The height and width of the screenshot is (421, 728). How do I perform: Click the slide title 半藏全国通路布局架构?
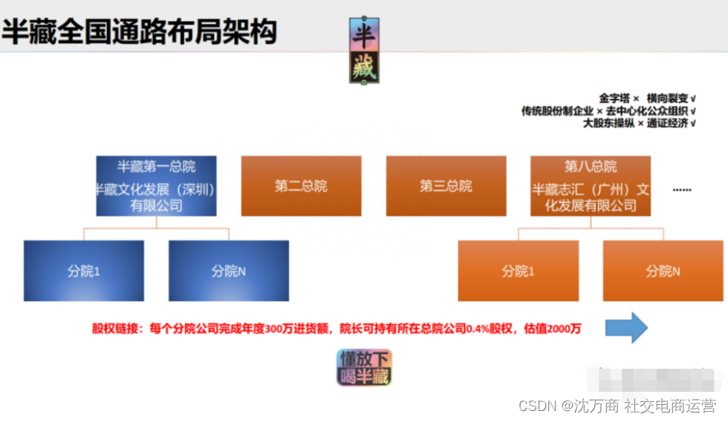click(x=139, y=31)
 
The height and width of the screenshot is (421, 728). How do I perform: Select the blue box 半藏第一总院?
click(x=156, y=186)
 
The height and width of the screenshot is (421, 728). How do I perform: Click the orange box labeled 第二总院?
click(x=300, y=186)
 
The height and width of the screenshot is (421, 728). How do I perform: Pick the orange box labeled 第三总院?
click(x=445, y=186)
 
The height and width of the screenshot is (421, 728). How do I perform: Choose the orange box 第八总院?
click(x=590, y=186)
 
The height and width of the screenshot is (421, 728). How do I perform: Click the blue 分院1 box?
click(x=84, y=270)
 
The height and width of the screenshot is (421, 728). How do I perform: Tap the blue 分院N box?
click(x=228, y=270)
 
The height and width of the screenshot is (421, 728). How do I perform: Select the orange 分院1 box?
click(x=518, y=270)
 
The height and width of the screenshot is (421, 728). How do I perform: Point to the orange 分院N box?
click(x=663, y=270)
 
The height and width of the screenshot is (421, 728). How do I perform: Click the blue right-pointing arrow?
click(x=626, y=328)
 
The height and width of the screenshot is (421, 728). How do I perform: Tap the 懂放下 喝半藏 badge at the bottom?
click(x=364, y=367)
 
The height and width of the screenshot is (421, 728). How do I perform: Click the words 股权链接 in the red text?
click(x=115, y=329)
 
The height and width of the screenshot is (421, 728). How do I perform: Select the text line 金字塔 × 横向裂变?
click(x=647, y=98)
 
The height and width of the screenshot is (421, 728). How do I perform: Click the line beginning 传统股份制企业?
click(x=608, y=111)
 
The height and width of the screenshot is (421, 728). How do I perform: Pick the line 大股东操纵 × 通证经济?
click(x=639, y=123)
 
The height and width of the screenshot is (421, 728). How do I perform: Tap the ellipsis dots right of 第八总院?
click(x=681, y=189)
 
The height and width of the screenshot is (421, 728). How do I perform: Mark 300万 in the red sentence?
click(x=279, y=329)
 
